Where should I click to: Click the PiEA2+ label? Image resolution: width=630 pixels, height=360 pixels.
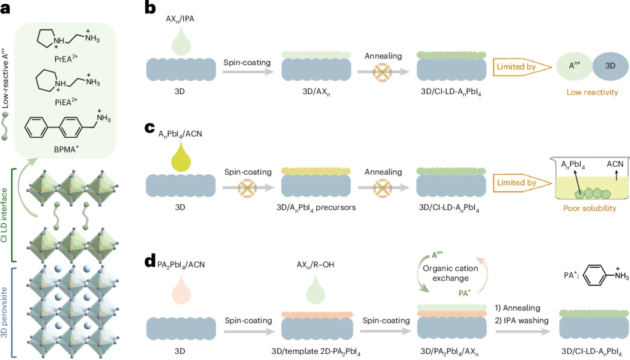tap(65, 101)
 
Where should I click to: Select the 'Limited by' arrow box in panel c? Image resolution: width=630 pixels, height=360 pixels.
tap(518, 183)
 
